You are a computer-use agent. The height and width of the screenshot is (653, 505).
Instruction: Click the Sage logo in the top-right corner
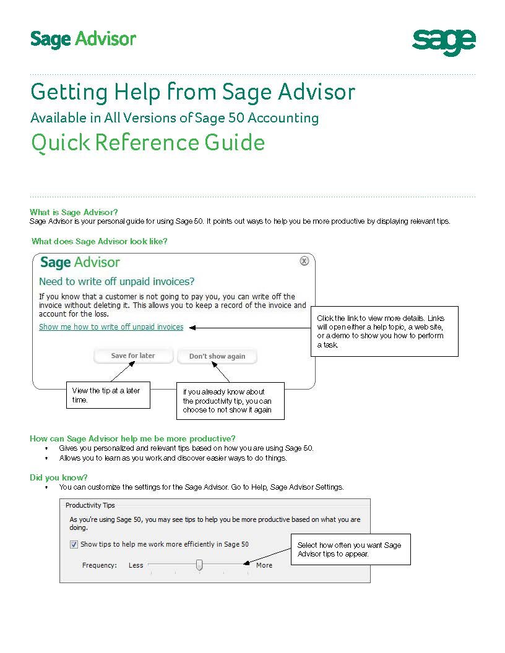444,42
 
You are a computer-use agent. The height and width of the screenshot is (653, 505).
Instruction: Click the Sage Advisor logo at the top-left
83,39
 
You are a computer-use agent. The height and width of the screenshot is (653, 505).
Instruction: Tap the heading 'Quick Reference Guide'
148,143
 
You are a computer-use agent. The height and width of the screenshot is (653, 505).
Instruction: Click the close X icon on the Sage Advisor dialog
304,261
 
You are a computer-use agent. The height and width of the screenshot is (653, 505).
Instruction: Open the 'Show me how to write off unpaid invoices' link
111,327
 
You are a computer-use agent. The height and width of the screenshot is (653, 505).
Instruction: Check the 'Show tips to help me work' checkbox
74,545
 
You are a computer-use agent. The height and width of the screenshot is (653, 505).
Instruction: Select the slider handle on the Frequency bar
199,565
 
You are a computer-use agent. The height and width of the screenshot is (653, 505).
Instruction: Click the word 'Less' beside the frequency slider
136,565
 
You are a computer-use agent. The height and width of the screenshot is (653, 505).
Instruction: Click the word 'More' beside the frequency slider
264,565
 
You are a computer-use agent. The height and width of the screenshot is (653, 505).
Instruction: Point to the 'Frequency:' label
100,565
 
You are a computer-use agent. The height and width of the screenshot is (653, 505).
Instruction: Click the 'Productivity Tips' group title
90,505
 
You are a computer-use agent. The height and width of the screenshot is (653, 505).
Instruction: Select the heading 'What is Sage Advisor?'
74,212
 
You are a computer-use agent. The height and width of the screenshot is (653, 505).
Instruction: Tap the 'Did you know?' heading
59,477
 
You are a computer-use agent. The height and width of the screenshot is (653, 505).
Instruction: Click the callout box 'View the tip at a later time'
108,395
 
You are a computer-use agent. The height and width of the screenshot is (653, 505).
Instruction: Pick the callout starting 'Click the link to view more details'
384,331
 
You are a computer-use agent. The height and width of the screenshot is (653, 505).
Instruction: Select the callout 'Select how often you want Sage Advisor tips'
351,549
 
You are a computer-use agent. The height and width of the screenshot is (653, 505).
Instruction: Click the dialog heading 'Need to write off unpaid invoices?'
117,282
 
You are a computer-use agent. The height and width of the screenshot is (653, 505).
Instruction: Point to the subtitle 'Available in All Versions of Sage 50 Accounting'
175,117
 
